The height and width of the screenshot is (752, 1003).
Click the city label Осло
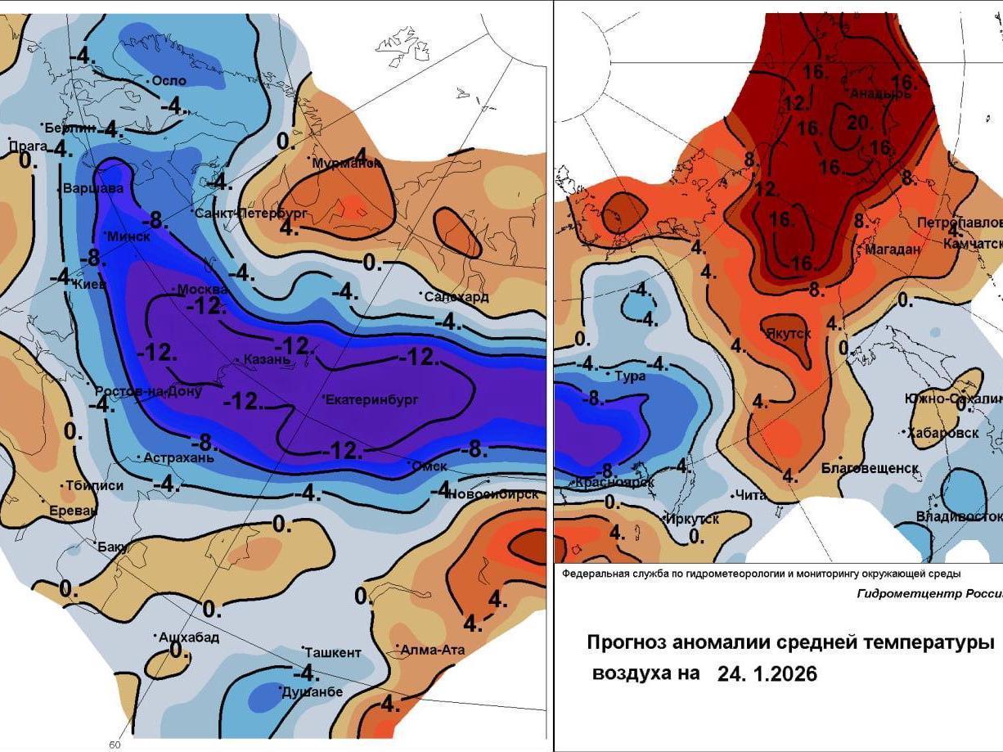[x=169, y=81]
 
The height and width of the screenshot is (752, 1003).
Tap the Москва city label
[x=202, y=290]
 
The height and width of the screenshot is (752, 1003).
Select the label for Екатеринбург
[x=372, y=400]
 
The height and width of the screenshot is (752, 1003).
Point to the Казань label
[x=268, y=359]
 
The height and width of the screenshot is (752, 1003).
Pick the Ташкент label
[x=333, y=653]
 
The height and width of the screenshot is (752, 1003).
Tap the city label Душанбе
[x=312, y=692]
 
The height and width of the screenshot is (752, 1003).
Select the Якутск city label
[x=789, y=334]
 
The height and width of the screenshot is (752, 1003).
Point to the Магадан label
[x=893, y=250]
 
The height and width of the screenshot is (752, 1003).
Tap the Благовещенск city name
[x=870, y=468]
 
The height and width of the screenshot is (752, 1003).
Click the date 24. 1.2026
[x=767, y=673]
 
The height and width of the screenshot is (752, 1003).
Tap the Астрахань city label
[x=179, y=458]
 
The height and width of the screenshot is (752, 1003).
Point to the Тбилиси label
[x=94, y=486]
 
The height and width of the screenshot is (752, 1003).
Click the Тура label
[x=631, y=376]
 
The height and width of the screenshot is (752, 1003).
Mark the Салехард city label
[x=457, y=296]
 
